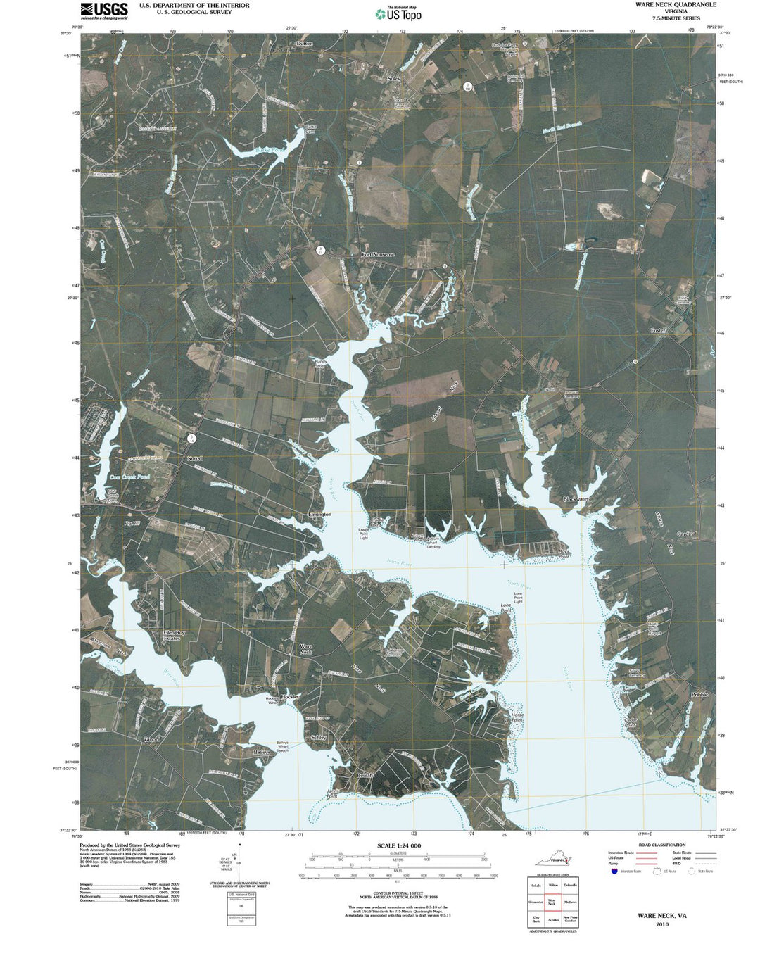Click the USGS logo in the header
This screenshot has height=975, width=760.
(104, 10)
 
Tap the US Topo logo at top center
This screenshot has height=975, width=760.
(398, 13)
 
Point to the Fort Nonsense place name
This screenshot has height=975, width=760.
(378, 254)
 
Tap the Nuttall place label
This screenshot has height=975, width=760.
(195, 458)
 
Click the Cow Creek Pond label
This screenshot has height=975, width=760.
(129, 477)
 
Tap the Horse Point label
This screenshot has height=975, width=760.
(517, 717)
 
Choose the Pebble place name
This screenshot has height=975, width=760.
(698, 694)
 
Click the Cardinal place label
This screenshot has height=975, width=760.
(687, 534)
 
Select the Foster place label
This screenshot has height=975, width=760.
(658, 330)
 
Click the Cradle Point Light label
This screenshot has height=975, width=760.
(364, 533)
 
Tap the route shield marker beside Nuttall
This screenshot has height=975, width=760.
(191, 438)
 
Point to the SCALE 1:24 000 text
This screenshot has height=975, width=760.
(398, 845)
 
